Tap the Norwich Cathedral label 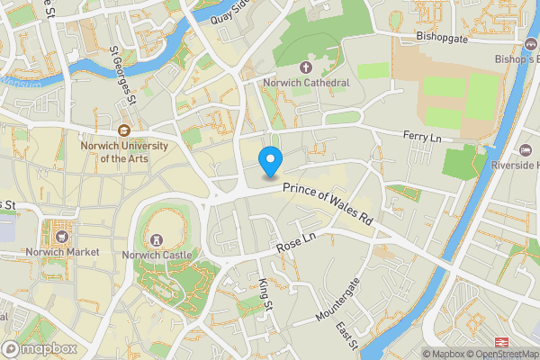(x=306, y=83)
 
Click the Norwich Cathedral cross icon (x=306, y=67)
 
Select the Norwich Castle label (x=158, y=255)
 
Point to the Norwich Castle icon (x=158, y=240)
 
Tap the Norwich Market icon (x=62, y=238)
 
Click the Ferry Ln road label (x=421, y=136)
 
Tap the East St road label (x=347, y=338)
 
